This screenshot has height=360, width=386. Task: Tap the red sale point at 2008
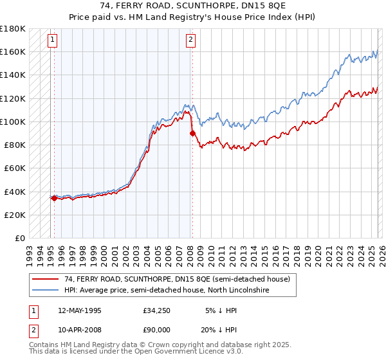(192, 133)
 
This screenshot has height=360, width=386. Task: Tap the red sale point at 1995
(54, 198)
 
